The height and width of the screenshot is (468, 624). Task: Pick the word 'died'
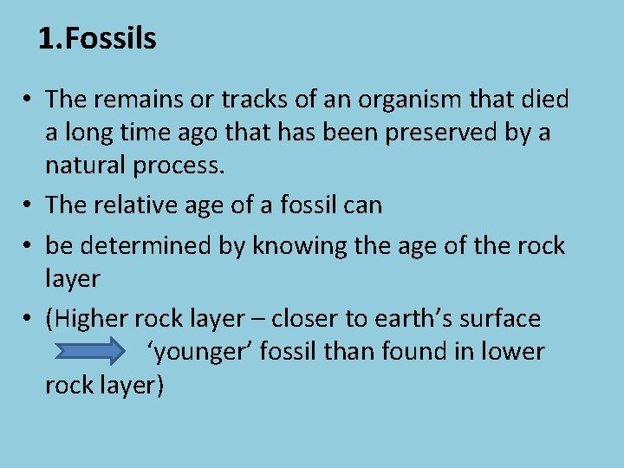(543, 100)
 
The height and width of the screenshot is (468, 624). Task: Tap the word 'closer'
(305, 319)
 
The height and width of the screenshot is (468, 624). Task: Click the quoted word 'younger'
(196, 352)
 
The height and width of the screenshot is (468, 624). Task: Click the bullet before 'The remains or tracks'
(29, 101)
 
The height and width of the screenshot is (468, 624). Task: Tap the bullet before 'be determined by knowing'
(29, 246)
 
